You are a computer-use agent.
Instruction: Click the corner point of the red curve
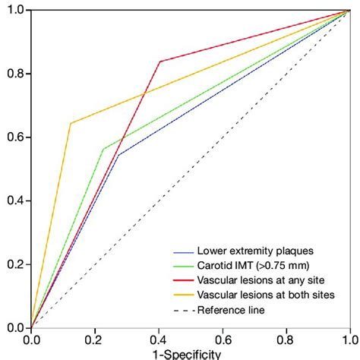pos(159,62)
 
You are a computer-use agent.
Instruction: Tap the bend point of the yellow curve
pos(71,123)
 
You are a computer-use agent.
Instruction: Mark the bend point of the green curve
pos(103,149)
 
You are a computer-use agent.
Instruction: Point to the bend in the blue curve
pos(118,155)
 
